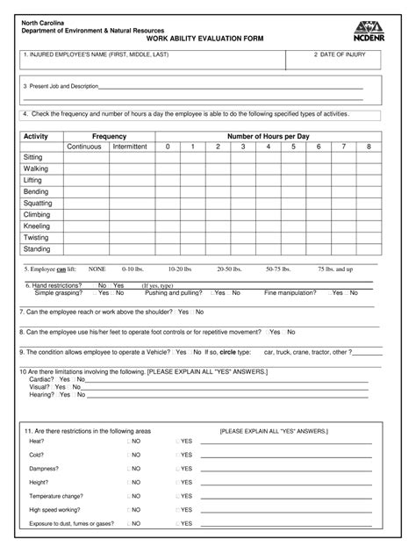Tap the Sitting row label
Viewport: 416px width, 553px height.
[x=33, y=156]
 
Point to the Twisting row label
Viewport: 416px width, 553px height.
[x=36, y=237]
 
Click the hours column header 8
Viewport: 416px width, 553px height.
[x=369, y=147]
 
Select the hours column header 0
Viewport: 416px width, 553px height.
[x=167, y=147]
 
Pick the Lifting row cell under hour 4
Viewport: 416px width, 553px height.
[x=269, y=180]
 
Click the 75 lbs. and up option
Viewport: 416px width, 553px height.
[x=335, y=269]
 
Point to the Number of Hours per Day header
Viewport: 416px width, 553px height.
[x=269, y=136]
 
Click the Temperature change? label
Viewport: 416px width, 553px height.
[x=56, y=495]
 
